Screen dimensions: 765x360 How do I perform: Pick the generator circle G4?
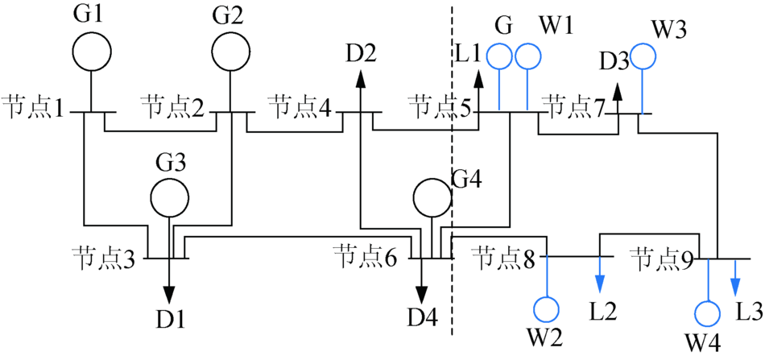coord(432,180)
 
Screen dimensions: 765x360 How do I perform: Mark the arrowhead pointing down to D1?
coord(170,292)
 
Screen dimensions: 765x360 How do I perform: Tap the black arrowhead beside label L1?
coord(478,79)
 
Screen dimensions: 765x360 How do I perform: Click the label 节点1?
coord(33,107)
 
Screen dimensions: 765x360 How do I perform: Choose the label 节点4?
coord(300,107)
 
